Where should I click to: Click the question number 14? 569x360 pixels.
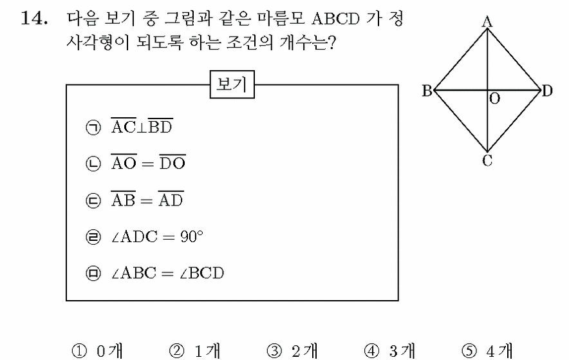point(34,18)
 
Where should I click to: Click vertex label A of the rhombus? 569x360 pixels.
point(487,22)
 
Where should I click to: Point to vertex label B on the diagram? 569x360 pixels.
point(427,91)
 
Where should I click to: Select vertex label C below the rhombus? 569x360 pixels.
point(487,160)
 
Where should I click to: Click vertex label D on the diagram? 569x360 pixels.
point(547,91)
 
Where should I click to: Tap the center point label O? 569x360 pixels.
point(494,99)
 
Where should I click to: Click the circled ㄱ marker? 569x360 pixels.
point(93,128)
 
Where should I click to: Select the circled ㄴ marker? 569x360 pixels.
point(93,164)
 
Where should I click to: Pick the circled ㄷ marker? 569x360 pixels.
point(93,200)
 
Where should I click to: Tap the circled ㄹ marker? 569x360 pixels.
point(93,237)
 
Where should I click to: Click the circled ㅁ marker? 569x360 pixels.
point(93,273)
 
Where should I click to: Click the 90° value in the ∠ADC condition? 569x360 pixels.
point(192,236)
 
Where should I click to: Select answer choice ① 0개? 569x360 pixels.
point(97,351)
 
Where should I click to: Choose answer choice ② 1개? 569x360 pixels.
point(194,351)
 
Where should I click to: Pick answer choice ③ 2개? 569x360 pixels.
point(292,351)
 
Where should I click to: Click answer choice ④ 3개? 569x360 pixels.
point(389,351)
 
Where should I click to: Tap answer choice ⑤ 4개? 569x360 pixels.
point(487,351)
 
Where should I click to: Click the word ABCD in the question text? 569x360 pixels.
point(335,19)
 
